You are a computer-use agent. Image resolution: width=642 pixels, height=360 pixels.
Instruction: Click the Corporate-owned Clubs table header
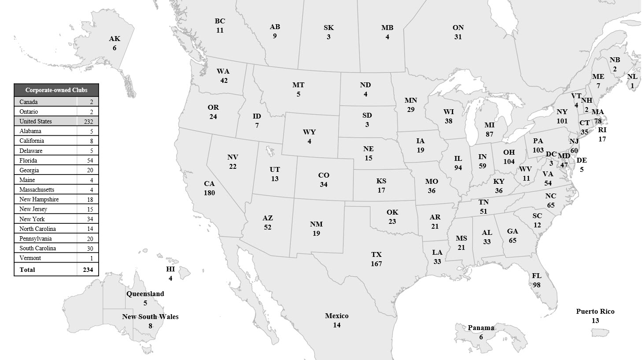(56, 90)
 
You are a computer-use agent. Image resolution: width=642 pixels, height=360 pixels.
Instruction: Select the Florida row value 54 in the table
(88, 160)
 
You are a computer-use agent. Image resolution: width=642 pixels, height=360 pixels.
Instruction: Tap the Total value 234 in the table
(88, 270)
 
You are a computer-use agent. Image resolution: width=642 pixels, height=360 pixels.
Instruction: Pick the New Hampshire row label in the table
(39, 199)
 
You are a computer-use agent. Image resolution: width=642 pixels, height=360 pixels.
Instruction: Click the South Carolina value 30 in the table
(88, 248)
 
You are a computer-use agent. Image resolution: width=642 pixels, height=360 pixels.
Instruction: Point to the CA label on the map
(209, 184)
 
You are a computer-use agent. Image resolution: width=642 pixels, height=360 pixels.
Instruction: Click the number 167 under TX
(376, 264)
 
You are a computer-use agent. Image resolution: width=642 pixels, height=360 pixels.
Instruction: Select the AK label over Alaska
(114, 39)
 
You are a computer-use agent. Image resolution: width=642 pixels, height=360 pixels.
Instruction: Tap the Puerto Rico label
(595, 312)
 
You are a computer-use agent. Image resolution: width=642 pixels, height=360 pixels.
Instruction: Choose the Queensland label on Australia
(145, 294)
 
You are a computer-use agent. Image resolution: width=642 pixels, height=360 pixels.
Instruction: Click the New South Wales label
(150, 317)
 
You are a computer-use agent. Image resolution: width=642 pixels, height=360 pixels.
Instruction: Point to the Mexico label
(336, 316)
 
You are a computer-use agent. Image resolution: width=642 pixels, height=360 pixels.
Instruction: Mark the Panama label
(481, 328)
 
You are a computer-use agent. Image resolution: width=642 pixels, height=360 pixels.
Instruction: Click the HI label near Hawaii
(170, 269)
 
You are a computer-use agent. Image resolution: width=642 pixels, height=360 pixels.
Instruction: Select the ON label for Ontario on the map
(458, 28)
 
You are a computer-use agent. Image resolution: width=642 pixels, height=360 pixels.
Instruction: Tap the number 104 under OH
(509, 162)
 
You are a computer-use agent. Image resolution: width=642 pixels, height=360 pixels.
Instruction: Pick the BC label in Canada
(220, 21)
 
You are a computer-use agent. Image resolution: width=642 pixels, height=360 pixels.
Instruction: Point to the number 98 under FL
(536, 285)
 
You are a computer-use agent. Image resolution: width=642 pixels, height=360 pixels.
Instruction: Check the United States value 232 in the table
(88, 122)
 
